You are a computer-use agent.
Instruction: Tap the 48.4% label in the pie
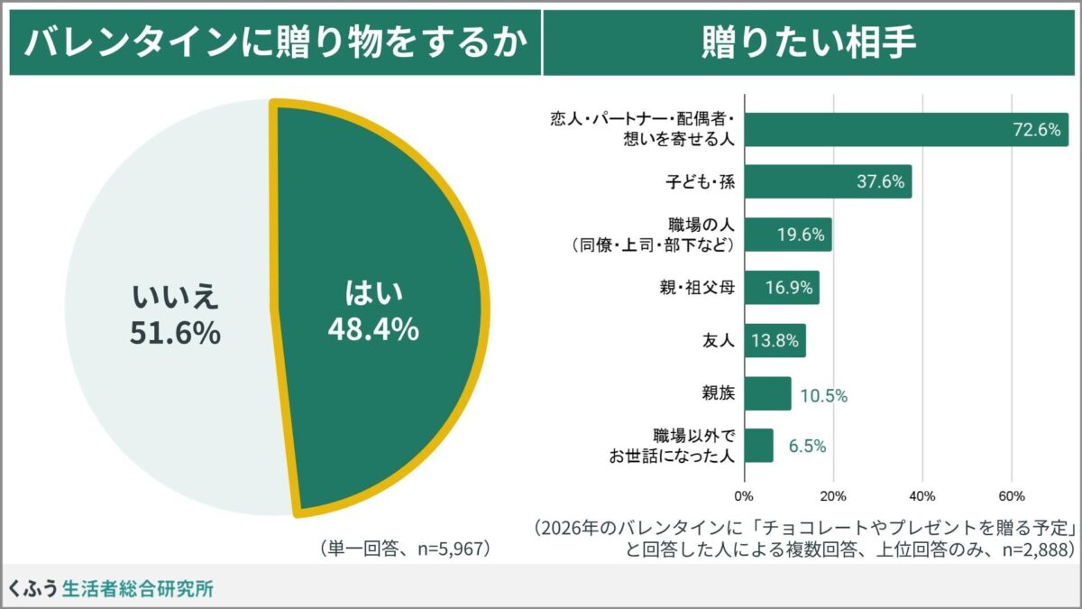pyautogui.click(x=372, y=329)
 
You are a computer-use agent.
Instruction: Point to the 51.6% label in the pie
pyautogui.click(x=175, y=333)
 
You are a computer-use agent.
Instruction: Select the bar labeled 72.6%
pyautogui.click(x=902, y=130)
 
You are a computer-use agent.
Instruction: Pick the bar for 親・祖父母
pyautogui.click(x=781, y=289)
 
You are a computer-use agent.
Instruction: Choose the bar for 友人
pyautogui.click(x=775, y=341)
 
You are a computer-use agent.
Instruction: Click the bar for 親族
pyautogui.click(x=767, y=394)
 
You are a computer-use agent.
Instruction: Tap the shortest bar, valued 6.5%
pyautogui.click(x=758, y=446)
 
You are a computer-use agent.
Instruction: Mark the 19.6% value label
pyautogui.click(x=801, y=235)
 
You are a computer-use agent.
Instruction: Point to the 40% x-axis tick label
pyautogui.click(x=922, y=495)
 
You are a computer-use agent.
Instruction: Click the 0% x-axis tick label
pyautogui.click(x=744, y=495)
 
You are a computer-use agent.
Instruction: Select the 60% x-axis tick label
pyautogui.click(x=1011, y=495)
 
